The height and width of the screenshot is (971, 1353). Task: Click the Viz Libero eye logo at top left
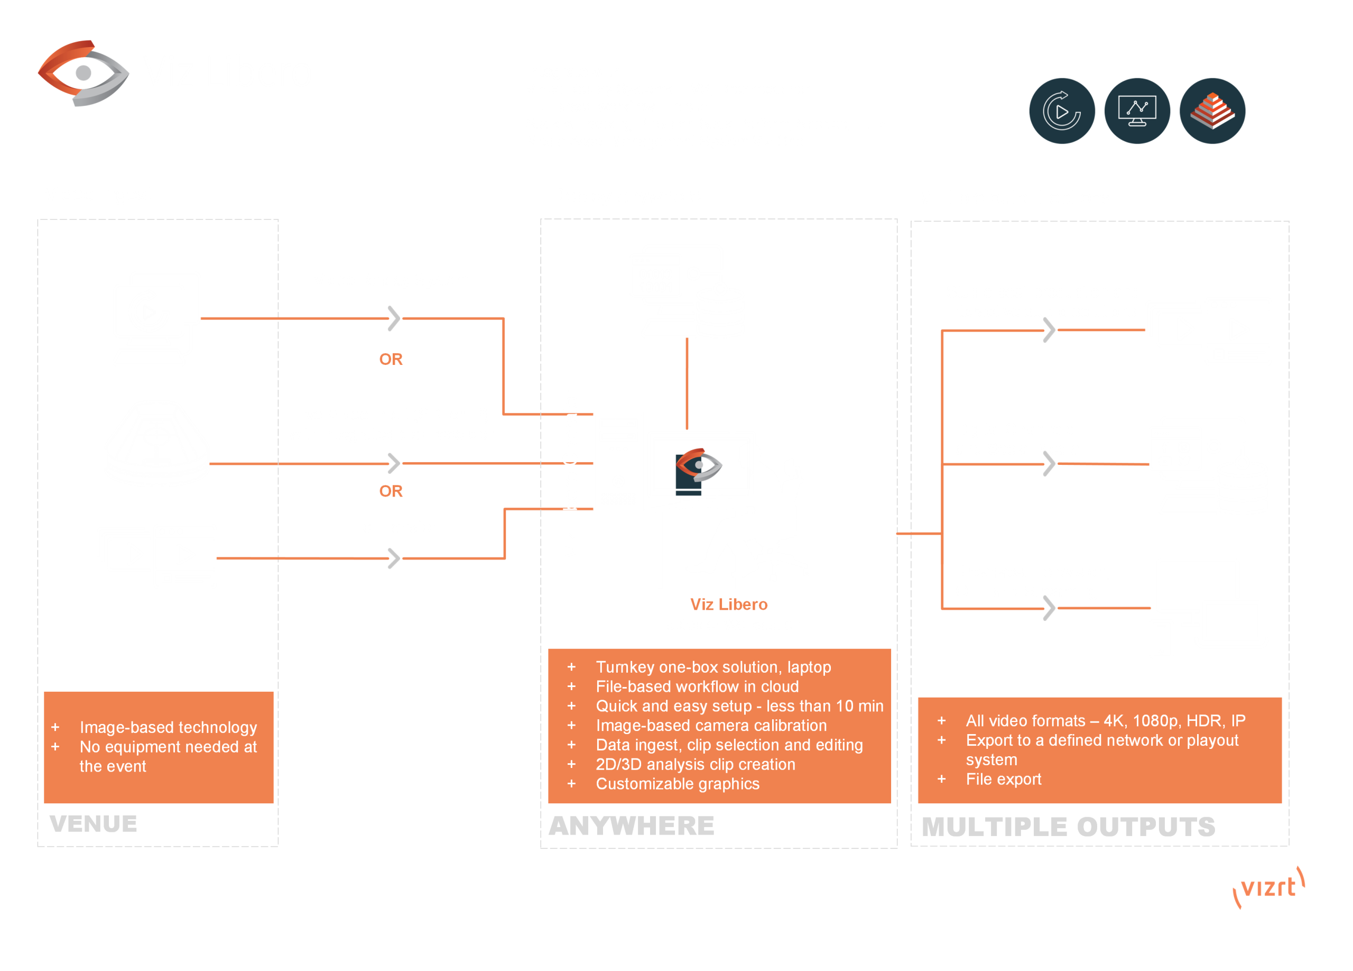84,73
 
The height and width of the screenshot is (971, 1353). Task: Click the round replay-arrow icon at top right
1062,111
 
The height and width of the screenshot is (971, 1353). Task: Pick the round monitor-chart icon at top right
1137,111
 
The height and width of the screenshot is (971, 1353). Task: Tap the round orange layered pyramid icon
1212,111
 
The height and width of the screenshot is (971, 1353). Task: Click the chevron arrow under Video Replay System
394,318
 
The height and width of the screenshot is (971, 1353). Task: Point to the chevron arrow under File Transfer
394,558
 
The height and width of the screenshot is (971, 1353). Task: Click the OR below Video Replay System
391,359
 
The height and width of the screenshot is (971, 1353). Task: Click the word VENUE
93,823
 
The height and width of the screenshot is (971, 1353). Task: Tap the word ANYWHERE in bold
631,826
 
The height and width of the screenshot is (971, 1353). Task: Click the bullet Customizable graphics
677,784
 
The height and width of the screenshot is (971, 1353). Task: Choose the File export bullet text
1004,779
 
